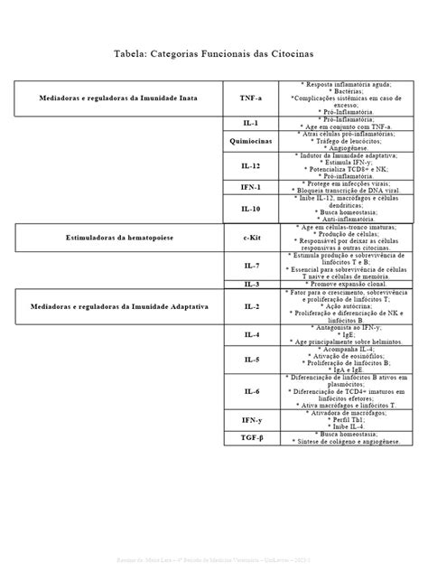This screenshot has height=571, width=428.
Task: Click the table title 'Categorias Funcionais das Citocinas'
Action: coord(213,53)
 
